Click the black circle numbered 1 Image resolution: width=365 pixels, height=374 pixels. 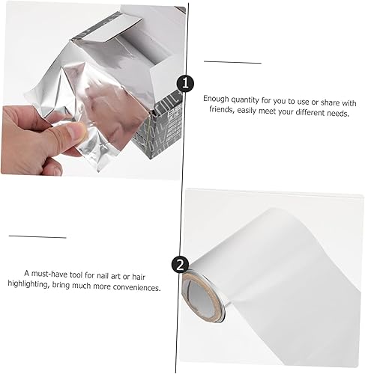(185, 83)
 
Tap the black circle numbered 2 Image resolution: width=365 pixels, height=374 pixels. (180, 265)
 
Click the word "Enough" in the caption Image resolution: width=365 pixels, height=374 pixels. (216, 99)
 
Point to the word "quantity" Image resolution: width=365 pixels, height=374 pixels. (245, 100)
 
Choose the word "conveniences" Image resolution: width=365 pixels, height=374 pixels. (136, 287)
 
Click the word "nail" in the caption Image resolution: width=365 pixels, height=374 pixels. (102, 275)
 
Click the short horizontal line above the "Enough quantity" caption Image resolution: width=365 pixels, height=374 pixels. (232, 62)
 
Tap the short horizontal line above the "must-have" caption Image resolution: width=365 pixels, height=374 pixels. (37, 236)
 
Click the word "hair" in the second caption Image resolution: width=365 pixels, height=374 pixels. (139, 277)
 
